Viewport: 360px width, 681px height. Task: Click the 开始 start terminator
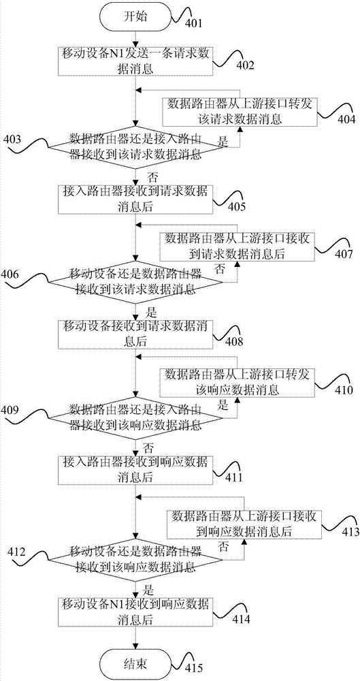coord(136,17)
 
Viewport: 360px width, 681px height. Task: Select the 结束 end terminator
coord(136,663)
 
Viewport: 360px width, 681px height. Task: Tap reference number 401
coord(194,23)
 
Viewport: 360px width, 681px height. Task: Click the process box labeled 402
coord(136,61)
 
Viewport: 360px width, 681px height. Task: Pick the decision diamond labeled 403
coord(137,147)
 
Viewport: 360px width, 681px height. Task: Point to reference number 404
coord(347,119)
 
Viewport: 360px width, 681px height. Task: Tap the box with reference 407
coord(237,247)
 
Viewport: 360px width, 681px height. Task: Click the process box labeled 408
coord(136,333)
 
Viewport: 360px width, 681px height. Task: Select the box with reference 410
coord(237,383)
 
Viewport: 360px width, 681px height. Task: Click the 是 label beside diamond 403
coord(223,141)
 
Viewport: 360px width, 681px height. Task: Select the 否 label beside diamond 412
coord(223,545)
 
